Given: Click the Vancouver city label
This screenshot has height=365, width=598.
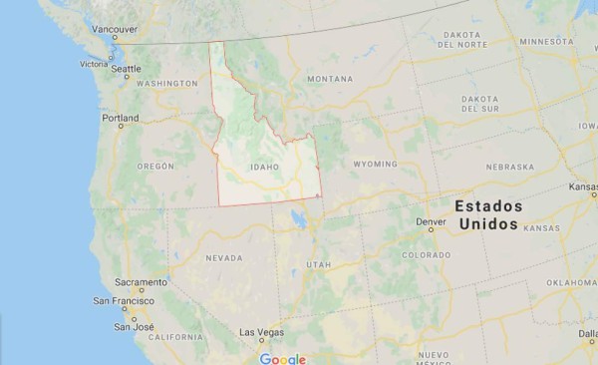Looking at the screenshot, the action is point(115,30).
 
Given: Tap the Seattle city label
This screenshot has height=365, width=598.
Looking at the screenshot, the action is point(126,70).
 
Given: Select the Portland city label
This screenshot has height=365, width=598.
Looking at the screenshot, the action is point(120,118).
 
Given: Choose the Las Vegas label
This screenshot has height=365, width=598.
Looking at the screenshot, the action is point(261,331).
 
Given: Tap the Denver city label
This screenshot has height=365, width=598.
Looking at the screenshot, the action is point(431,221).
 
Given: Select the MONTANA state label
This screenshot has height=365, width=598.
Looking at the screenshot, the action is point(330,79).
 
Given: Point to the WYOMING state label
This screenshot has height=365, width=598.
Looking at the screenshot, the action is point(375,164).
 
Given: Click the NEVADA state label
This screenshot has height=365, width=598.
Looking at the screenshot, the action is point(223,257).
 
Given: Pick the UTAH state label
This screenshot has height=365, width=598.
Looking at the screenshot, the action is point(318,264).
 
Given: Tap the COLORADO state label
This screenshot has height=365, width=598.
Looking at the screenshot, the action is point(426,255).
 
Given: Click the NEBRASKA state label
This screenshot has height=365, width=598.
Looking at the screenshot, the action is point(510,167).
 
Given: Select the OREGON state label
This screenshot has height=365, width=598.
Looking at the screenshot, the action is point(155,166).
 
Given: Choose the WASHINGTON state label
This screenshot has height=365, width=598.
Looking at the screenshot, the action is point(166,84).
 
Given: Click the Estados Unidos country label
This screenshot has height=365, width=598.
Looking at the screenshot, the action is point(487,214).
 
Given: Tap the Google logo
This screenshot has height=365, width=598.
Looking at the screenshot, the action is point(282,357).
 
